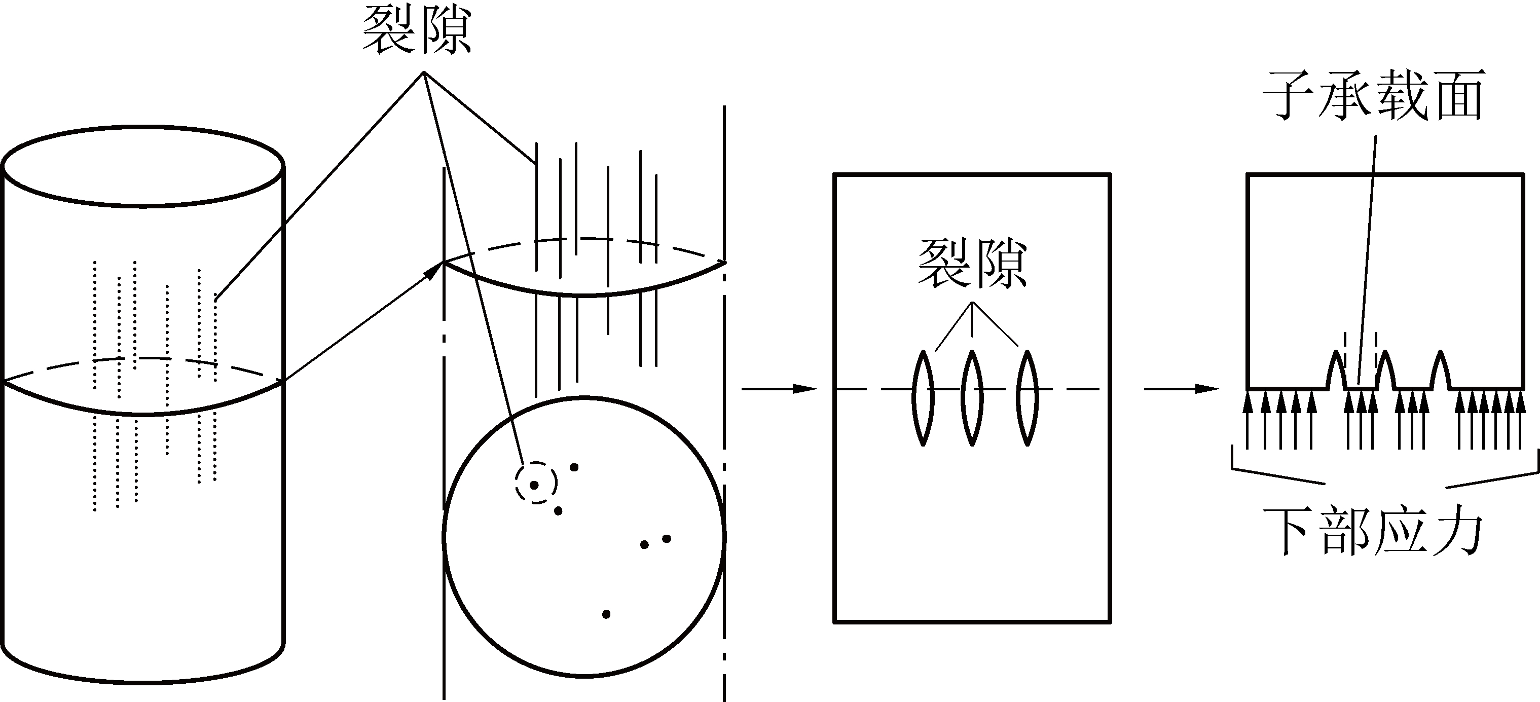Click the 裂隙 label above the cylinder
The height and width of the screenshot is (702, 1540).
coord(417,31)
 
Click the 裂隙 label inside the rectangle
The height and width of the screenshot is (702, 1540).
coord(973,265)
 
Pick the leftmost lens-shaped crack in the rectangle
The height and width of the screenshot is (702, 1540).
coord(923,398)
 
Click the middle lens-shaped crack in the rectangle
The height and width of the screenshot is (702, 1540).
coord(973,398)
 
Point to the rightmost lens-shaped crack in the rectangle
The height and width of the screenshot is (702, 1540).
coord(1027,398)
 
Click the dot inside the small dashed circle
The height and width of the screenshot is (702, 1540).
coord(534,485)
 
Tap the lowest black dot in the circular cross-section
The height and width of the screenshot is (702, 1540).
coord(606,614)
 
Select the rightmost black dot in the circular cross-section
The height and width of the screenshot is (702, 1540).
coord(667,539)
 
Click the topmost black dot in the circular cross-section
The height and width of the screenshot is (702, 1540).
coord(574,467)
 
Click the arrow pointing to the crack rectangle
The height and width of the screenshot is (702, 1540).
coord(779,389)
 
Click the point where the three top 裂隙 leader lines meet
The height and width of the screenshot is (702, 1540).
coord(424,72)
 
